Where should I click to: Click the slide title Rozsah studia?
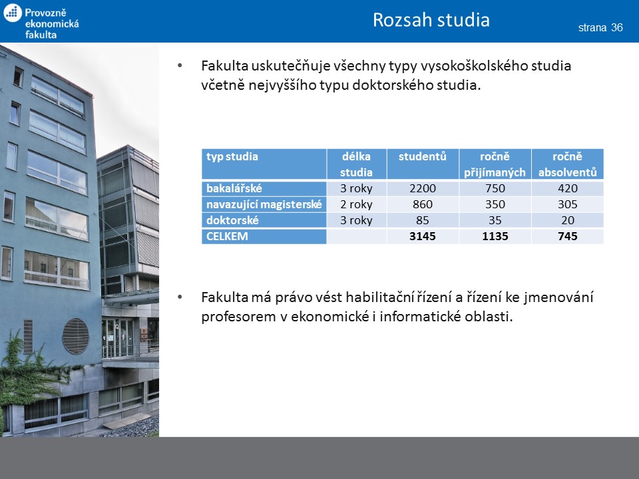[431, 19]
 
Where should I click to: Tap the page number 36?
[617, 27]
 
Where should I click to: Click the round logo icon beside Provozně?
[12, 13]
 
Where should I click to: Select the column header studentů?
[423, 156]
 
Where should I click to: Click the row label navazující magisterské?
[264, 204]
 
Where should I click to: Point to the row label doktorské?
[232, 220]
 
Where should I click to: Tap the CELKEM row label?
[227, 236]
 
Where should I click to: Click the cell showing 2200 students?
[423, 188]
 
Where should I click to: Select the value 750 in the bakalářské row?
[495, 188]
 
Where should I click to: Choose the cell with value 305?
[568, 204]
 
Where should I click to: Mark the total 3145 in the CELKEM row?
[423, 236]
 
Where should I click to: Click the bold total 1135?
[495, 236]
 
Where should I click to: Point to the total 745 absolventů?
[568, 236]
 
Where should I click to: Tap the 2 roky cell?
[356, 204]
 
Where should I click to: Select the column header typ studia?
[232, 157]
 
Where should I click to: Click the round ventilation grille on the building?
[75, 336]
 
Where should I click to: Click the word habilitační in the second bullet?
[379, 297]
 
